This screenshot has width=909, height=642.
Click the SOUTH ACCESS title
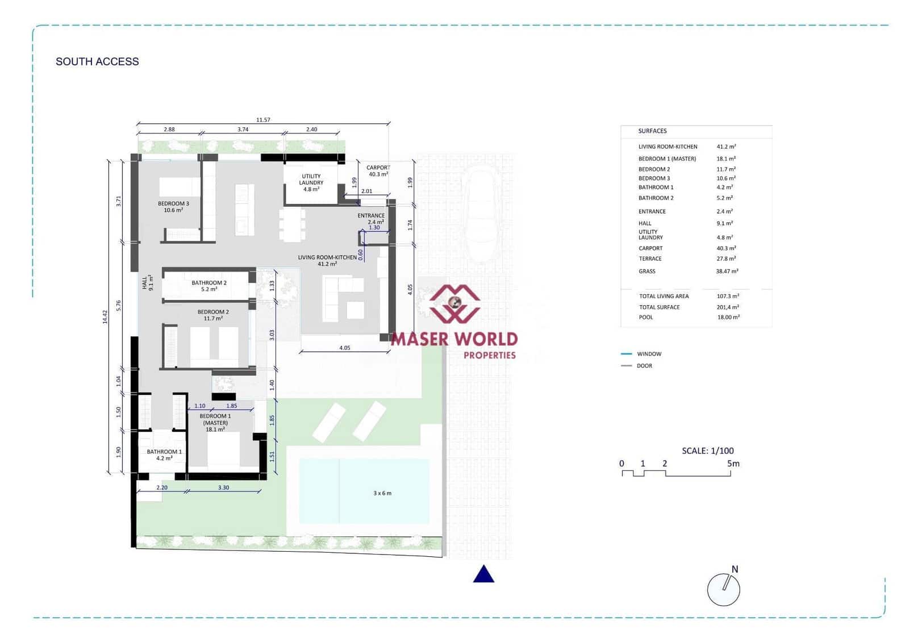click(x=97, y=61)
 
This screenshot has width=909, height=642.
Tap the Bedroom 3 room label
click(x=173, y=207)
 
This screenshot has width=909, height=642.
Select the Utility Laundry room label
click(x=311, y=182)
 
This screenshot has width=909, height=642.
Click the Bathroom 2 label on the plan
click(x=209, y=286)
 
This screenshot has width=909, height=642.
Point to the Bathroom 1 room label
click(x=164, y=455)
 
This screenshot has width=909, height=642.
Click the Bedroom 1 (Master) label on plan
click(x=215, y=423)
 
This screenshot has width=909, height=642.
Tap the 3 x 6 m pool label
click(x=382, y=493)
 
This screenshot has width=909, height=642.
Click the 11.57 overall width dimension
click(x=263, y=120)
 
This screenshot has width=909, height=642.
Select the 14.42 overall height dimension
click(x=105, y=317)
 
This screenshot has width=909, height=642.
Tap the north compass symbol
click(x=724, y=589)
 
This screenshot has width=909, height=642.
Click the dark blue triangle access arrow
click(x=483, y=574)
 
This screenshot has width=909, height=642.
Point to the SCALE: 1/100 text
click(x=707, y=451)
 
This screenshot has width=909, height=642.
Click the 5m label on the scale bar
click(x=733, y=464)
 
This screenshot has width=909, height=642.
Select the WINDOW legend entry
click(x=649, y=354)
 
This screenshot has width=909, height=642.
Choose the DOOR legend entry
click(x=644, y=366)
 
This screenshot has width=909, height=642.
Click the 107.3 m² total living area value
click(x=728, y=296)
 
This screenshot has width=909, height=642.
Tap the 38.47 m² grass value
click(x=727, y=272)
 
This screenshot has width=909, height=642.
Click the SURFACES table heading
click(x=652, y=131)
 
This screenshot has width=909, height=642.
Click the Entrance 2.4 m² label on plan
click(x=372, y=219)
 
